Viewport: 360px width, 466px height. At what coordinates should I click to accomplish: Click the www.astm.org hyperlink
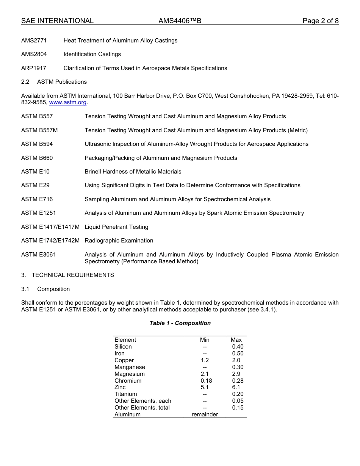(x=68, y=102)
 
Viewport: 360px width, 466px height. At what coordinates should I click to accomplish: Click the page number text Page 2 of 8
(x=320, y=21)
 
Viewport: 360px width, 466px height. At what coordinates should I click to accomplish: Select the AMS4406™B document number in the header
(x=180, y=21)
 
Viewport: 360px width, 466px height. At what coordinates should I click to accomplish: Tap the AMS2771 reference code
(x=34, y=41)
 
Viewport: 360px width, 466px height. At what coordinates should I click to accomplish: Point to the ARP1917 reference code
(x=34, y=68)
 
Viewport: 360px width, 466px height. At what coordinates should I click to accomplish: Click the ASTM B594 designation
(x=37, y=144)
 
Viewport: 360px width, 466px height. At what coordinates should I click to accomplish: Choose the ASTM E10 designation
(x=35, y=172)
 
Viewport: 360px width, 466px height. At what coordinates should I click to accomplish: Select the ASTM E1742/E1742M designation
(x=50, y=241)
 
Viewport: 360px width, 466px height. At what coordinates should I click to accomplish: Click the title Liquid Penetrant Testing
(x=116, y=227)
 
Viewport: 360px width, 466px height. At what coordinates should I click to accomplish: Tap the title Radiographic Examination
(x=119, y=241)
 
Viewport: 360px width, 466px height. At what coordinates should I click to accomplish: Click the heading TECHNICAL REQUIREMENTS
(x=73, y=275)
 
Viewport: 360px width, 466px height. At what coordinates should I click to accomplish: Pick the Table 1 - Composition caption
(x=180, y=323)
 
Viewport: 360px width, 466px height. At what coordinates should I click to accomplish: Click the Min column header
(x=205, y=340)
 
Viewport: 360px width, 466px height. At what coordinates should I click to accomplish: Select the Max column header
(x=236, y=340)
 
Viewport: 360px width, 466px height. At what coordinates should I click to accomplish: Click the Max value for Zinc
(x=236, y=387)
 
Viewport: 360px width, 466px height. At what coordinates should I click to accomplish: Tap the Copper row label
(x=124, y=360)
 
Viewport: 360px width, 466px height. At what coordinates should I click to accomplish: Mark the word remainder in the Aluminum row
(x=205, y=414)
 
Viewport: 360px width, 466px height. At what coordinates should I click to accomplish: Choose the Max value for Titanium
(x=238, y=394)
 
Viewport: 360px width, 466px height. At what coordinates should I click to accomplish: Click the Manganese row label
(x=130, y=367)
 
